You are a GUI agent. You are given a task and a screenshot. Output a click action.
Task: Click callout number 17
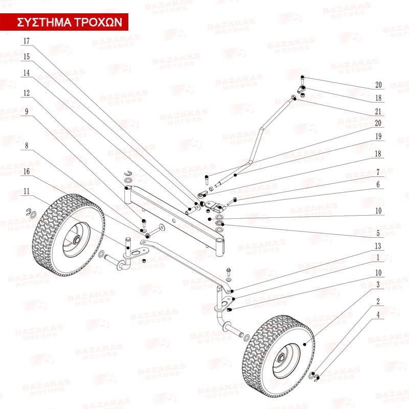coord(27,40)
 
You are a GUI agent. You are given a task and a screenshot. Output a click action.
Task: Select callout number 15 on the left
coord(27,56)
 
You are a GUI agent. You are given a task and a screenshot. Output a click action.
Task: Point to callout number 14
coord(27,73)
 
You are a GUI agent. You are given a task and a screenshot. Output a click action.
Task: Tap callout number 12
coord(27,94)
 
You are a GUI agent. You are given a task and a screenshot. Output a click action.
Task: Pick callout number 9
coord(27,111)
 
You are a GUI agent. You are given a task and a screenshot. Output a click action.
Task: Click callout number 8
coord(27,146)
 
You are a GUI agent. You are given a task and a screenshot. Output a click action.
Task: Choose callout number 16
coord(27,171)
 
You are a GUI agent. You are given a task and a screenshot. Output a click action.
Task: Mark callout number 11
coord(27,191)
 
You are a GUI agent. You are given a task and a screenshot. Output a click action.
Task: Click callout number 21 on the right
coord(378,111)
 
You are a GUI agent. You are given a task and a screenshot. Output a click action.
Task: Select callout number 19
coord(378,137)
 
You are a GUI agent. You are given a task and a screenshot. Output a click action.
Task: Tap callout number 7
coord(378,172)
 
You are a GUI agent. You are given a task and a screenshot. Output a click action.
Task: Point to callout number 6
coord(378,185)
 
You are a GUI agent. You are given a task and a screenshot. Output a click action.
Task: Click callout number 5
coord(378,233)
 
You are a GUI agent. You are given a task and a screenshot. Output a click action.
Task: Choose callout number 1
coord(378,257)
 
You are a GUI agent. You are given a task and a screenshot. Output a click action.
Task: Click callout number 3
coord(378,284)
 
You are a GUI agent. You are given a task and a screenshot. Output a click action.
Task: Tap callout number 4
coord(378,315)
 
